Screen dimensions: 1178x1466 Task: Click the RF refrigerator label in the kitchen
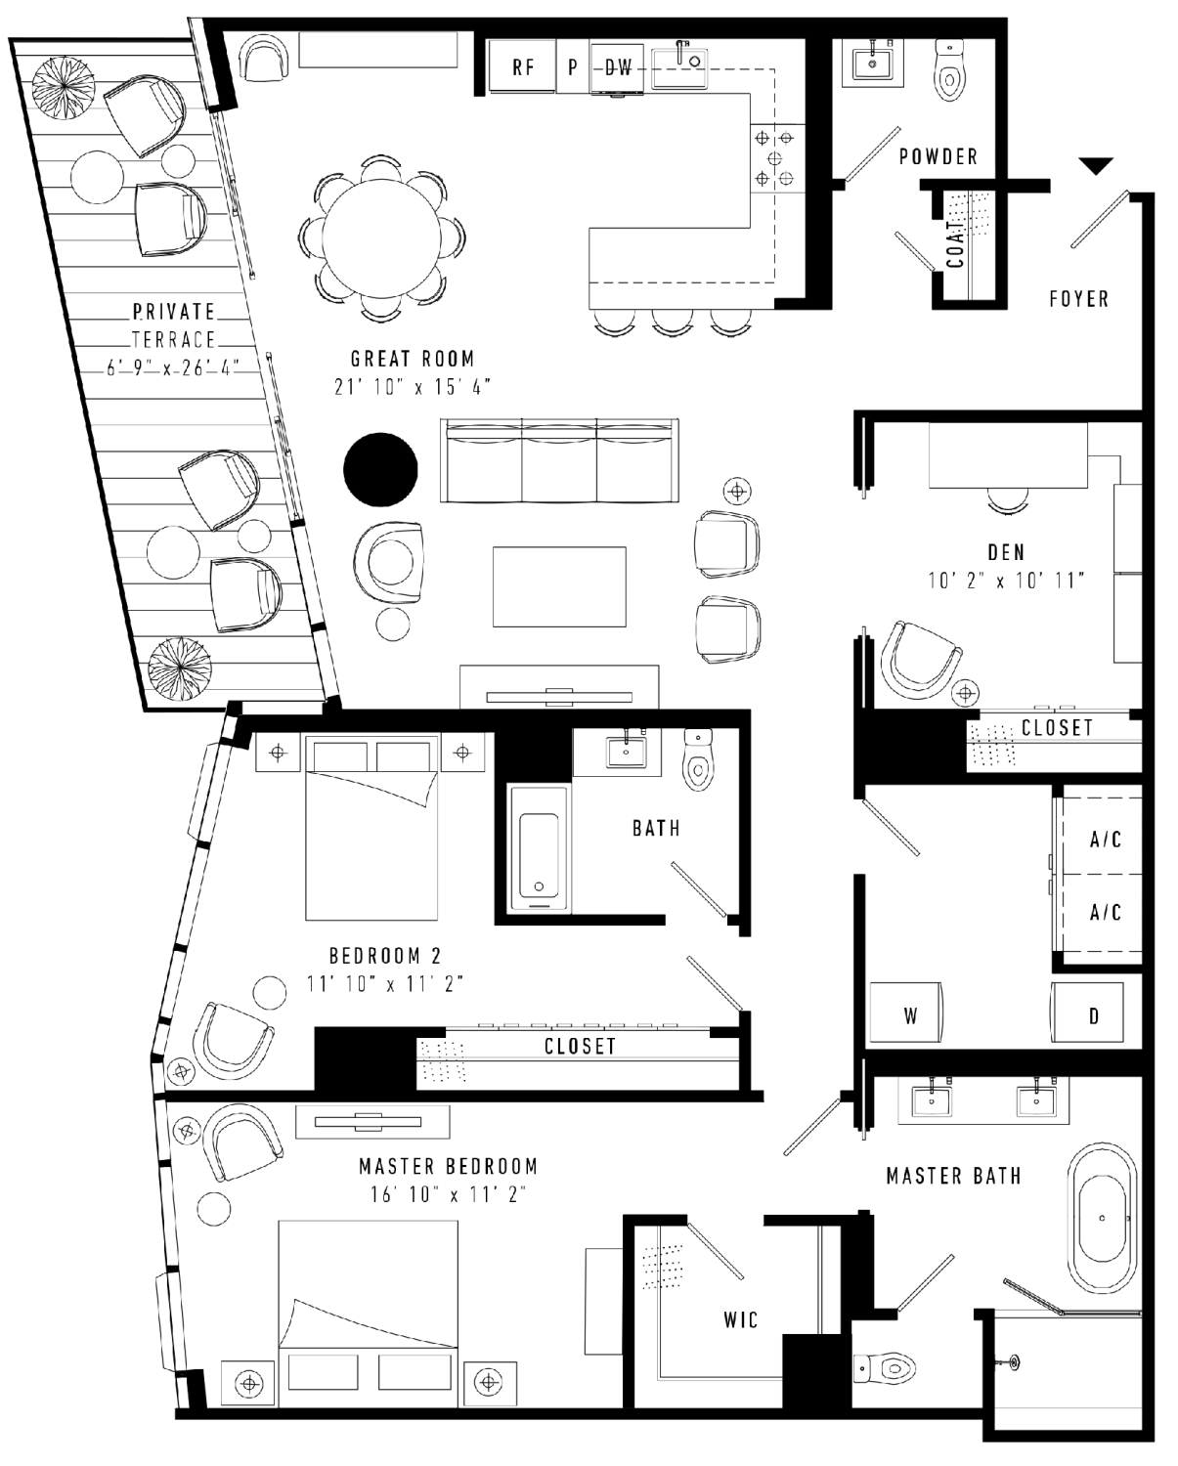(523, 67)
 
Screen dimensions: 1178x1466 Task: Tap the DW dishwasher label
(619, 67)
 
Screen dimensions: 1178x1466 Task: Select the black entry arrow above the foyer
(1096, 166)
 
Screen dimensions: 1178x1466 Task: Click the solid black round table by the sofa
(380, 470)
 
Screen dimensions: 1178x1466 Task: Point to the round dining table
(381, 238)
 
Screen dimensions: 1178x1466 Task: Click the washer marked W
(906, 1012)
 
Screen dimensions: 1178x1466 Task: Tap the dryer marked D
(1087, 1012)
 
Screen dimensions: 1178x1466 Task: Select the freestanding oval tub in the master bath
(1102, 1218)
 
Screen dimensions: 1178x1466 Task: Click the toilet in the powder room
(949, 69)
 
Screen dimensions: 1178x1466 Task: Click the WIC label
(741, 1320)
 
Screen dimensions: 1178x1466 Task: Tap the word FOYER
(1079, 298)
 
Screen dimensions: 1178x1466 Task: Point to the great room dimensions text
(413, 387)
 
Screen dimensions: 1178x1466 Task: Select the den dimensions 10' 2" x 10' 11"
(1006, 581)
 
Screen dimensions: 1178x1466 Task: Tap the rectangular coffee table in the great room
(559, 586)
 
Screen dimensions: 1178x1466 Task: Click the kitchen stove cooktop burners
(774, 158)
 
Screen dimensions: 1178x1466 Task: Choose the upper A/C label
(1105, 840)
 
